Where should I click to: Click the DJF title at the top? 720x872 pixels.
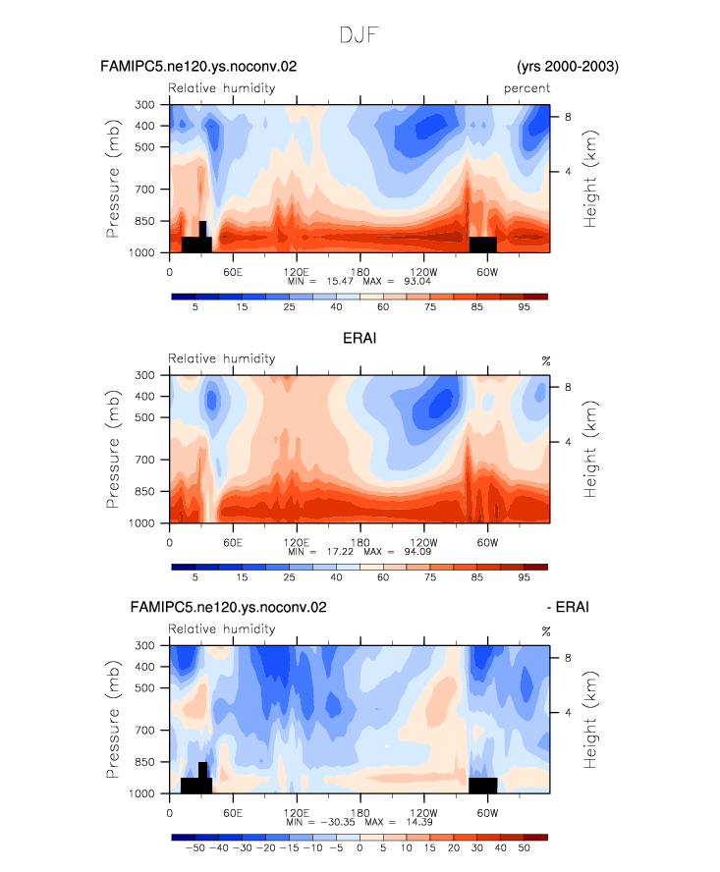359,35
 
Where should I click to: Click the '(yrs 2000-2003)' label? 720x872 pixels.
568,67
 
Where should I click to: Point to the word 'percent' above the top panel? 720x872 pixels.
526,88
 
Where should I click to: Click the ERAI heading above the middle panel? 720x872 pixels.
360,338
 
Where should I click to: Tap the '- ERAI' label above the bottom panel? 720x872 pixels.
568,607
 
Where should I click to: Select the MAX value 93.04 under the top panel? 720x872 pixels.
417,281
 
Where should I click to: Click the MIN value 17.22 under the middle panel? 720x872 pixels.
340,551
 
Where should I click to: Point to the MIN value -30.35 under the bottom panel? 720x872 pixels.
338,822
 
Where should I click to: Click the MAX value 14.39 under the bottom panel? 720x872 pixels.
419,822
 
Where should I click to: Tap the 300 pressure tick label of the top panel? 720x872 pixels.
144,104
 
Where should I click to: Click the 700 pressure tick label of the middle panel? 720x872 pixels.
144,460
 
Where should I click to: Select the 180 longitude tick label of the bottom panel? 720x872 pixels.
360,813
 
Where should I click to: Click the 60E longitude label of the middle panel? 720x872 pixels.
233,543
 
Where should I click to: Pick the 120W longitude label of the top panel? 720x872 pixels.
423,272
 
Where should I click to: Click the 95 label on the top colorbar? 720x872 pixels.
524,307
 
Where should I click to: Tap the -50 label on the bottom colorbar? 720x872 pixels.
194,848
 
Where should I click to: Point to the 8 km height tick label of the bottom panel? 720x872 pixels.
568,658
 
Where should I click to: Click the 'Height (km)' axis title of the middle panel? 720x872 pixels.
589,449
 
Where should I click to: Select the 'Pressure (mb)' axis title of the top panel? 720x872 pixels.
112,179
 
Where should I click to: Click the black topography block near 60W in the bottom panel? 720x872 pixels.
482,786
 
